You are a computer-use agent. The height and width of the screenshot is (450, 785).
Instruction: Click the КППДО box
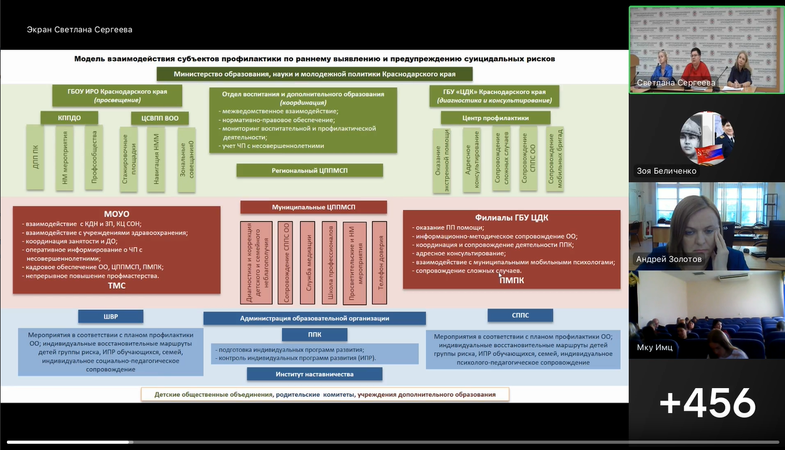pos(69,117)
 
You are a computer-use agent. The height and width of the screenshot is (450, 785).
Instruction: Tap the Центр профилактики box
pos(495,117)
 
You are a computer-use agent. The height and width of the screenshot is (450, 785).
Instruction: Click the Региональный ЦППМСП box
pos(309,170)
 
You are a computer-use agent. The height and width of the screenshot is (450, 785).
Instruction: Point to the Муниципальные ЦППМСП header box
pos(314,207)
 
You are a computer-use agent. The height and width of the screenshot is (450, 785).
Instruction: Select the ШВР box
pos(111,316)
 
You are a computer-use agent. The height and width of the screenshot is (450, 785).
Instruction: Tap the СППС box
pos(520,316)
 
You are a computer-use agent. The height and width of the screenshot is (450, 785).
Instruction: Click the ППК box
pos(314,334)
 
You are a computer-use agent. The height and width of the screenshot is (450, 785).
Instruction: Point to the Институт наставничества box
pos(314,374)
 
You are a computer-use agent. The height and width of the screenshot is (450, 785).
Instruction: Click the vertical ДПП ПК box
pos(36,156)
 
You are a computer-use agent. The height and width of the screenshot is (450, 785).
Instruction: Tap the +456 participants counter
pos(707,403)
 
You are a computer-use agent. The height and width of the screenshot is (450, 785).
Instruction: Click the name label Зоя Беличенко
pos(666,171)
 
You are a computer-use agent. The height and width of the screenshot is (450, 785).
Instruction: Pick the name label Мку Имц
pos(655,347)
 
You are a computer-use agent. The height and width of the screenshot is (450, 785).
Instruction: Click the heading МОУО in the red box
pos(118,214)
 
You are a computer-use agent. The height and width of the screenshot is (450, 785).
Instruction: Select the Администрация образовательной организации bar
pos(314,318)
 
